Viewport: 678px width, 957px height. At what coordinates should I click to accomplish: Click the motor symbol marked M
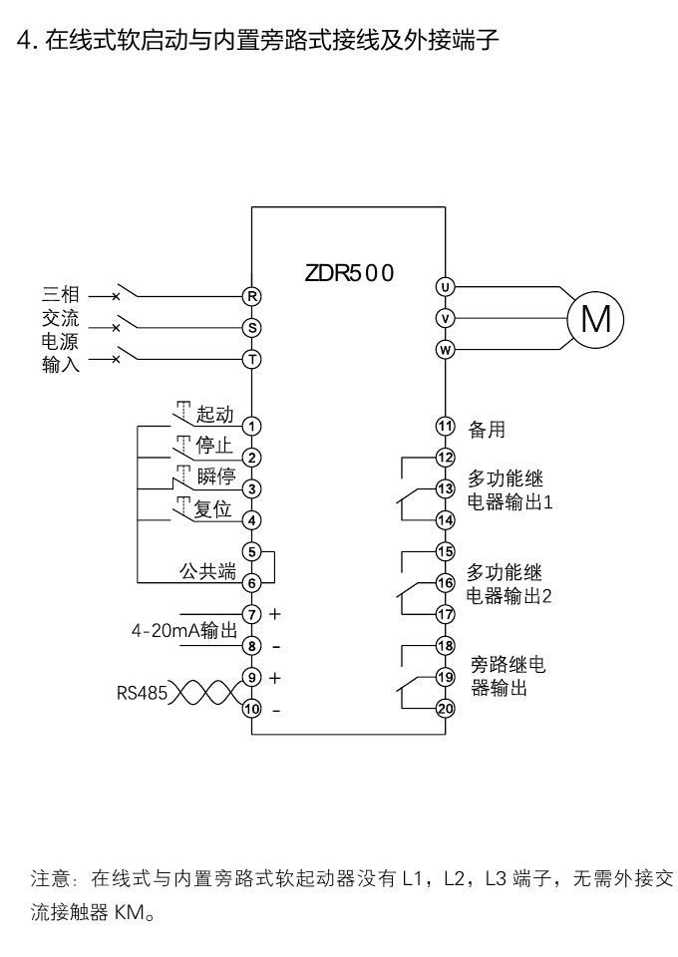coord(595,319)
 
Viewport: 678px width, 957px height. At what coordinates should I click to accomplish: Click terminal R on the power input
coord(252,296)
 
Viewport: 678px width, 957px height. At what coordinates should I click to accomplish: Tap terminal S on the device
coord(252,327)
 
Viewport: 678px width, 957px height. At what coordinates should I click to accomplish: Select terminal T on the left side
coord(252,359)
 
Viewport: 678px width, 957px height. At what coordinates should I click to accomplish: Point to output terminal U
coord(446,287)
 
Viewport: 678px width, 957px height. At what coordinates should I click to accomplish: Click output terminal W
coord(446,349)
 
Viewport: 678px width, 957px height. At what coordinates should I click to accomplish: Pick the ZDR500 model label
coord(350,273)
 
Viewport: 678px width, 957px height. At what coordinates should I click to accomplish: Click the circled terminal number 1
coord(252,427)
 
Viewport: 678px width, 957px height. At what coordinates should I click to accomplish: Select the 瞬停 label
coord(216,477)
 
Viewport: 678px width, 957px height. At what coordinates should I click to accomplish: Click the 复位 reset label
coord(212,508)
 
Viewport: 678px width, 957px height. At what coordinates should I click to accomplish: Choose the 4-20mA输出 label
coord(183,630)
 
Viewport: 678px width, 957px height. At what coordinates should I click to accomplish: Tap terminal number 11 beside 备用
coord(446,426)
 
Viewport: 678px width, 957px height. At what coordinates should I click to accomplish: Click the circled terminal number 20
coord(446,708)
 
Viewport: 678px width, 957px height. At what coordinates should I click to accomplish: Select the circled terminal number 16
coord(446,582)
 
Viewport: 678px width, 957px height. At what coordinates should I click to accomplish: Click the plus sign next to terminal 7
coord(275,613)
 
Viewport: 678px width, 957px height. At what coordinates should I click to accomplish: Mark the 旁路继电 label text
coord(508,665)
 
